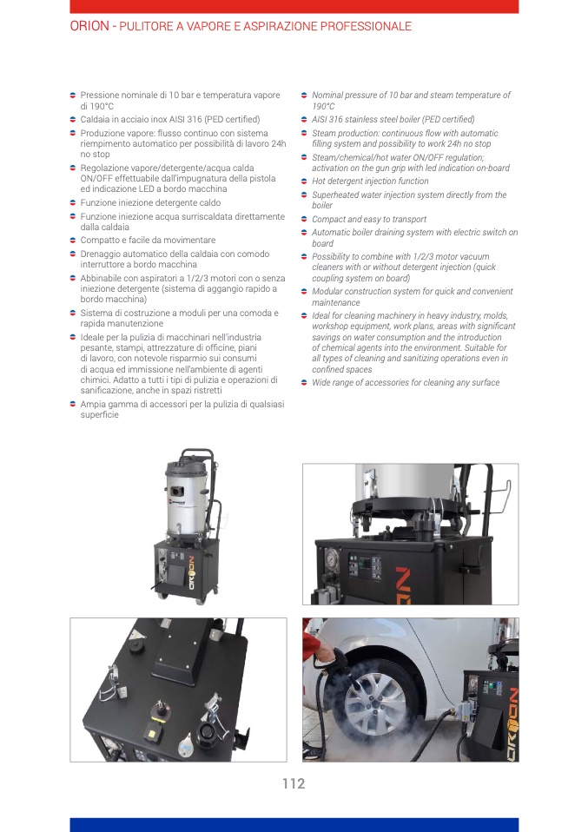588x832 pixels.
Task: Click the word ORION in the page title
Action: point(89,26)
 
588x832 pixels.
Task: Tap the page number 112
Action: point(294,783)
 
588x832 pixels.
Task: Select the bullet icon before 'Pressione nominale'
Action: point(73,96)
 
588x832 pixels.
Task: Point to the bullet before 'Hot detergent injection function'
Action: point(304,182)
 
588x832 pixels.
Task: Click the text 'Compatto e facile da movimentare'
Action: point(148,241)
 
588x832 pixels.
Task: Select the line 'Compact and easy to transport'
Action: point(369,219)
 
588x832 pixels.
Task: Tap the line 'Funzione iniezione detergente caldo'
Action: point(150,202)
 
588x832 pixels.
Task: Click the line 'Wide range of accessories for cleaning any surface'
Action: point(406,383)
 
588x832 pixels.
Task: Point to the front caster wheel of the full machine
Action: point(200,598)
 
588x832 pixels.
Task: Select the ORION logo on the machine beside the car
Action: point(513,724)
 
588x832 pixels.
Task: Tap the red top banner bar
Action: point(294,6)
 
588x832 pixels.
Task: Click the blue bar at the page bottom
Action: point(294,825)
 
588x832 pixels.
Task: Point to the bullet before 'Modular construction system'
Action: point(304,292)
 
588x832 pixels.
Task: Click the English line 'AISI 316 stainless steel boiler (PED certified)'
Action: point(393,119)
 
